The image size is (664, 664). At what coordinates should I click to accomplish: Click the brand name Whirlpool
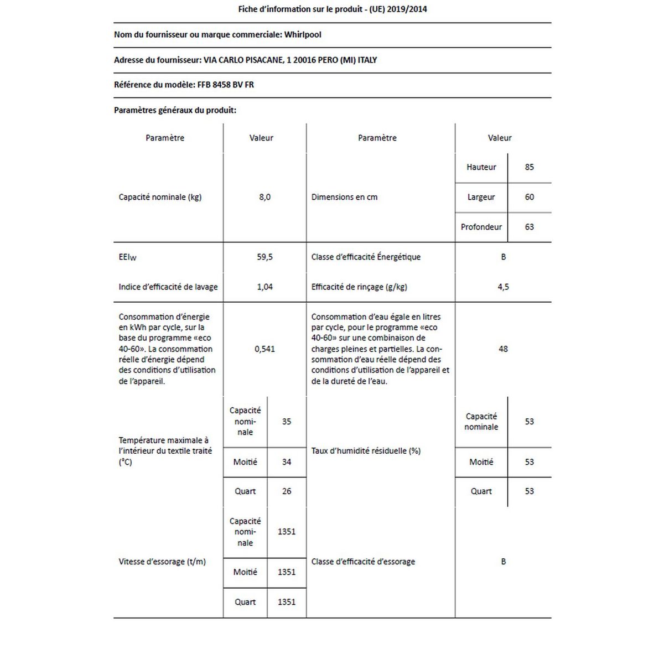click(303, 34)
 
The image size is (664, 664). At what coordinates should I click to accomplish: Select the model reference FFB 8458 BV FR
click(226, 85)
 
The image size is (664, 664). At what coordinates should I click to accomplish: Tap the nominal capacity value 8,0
click(264, 197)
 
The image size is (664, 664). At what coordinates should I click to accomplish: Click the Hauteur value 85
click(529, 167)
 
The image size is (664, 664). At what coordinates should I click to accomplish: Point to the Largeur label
click(481, 197)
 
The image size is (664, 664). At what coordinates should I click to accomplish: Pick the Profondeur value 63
click(529, 227)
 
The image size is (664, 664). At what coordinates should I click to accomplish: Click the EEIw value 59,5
click(264, 257)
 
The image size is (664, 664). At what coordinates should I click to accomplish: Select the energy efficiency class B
click(503, 257)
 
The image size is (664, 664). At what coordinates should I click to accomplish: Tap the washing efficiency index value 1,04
click(264, 287)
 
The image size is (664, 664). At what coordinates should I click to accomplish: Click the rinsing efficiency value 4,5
click(503, 287)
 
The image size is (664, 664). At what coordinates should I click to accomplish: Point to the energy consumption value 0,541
click(264, 349)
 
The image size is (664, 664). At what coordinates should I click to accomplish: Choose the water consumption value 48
click(503, 349)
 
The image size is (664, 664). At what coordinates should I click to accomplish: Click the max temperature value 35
click(286, 421)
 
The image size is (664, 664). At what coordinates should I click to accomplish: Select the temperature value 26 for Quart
click(286, 491)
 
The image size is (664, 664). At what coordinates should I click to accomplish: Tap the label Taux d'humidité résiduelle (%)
click(366, 450)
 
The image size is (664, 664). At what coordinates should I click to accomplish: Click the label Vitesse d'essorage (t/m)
click(162, 562)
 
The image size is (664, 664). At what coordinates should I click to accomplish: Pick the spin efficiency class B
click(503, 562)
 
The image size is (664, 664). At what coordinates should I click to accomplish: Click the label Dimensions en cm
click(344, 197)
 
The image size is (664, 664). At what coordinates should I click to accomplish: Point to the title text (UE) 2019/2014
click(398, 9)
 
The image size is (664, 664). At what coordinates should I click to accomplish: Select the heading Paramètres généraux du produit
click(175, 110)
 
